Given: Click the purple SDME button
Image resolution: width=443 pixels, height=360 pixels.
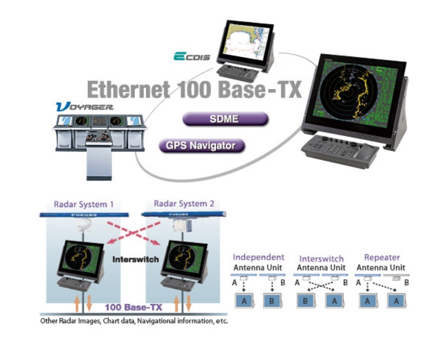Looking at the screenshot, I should [225, 119].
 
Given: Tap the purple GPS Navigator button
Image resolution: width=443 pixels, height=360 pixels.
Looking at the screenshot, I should [202, 145].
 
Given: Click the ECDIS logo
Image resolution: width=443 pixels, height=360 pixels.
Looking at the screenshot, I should [191, 56].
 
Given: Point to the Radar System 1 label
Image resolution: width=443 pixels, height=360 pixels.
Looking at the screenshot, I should [84, 204].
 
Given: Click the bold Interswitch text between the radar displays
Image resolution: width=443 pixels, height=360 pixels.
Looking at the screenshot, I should [136, 259].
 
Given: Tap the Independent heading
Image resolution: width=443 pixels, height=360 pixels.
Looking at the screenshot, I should [258, 258].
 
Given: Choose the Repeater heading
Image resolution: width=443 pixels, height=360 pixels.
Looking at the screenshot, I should [382, 258].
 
